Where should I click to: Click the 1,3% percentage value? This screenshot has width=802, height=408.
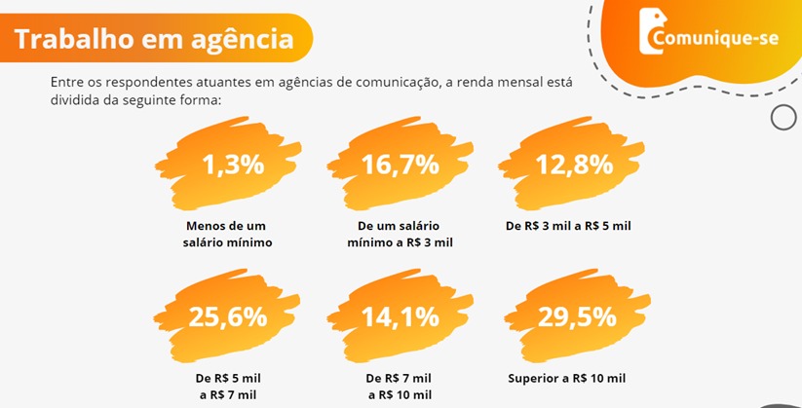pyautogui.click(x=233, y=165)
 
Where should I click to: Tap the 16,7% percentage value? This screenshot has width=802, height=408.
pyautogui.click(x=401, y=165)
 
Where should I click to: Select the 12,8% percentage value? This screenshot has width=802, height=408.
pyautogui.click(x=574, y=165)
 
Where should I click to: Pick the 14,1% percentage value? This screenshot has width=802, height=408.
pyautogui.click(x=401, y=316)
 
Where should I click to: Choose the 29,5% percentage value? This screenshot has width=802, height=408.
pyautogui.click(x=577, y=316)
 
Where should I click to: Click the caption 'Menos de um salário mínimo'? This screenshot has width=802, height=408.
pyautogui.click(x=228, y=233)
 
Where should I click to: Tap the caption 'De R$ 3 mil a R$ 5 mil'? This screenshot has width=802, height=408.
pyautogui.click(x=569, y=225)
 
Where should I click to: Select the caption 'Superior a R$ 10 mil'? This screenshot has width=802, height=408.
pyautogui.click(x=567, y=378)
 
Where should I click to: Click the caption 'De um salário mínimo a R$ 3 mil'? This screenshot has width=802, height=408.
pyautogui.click(x=401, y=233)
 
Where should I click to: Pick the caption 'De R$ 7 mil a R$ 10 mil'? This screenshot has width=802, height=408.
pyautogui.click(x=399, y=386)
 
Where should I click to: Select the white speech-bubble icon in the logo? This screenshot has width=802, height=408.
pyautogui.click(x=650, y=31)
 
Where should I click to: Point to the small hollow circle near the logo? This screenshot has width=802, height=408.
pyautogui.click(x=783, y=117)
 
